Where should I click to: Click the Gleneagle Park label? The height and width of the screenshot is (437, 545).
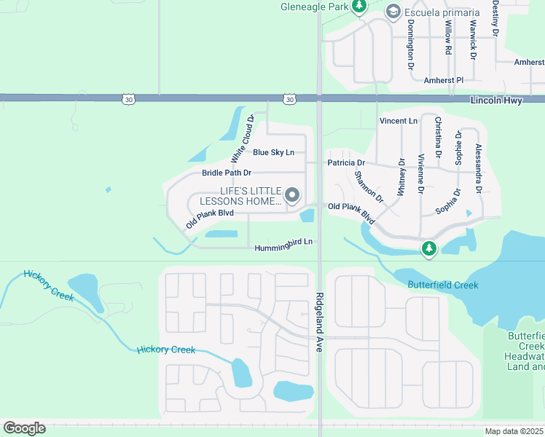click(x=313, y=7)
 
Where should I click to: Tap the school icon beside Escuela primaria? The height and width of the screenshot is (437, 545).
click(x=393, y=12)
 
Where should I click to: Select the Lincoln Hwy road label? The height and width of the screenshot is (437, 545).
click(x=495, y=101)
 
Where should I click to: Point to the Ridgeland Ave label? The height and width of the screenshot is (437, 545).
click(x=319, y=313)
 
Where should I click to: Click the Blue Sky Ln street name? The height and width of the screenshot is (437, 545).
click(x=273, y=152)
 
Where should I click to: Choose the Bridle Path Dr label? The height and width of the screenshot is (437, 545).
click(x=226, y=173)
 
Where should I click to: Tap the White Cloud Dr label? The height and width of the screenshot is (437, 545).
click(x=242, y=138)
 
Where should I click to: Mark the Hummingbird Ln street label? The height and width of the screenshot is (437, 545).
click(x=283, y=248)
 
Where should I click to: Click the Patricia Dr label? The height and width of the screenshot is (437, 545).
click(x=345, y=163)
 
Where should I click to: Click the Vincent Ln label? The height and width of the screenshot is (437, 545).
click(x=398, y=120)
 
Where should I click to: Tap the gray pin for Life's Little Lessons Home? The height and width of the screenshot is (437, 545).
click(x=292, y=194)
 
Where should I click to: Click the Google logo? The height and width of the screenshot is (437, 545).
click(x=24, y=428)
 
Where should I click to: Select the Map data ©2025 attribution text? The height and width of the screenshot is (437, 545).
click(x=513, y=431)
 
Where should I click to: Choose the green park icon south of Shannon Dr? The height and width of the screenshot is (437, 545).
click(x=429, y=249)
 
